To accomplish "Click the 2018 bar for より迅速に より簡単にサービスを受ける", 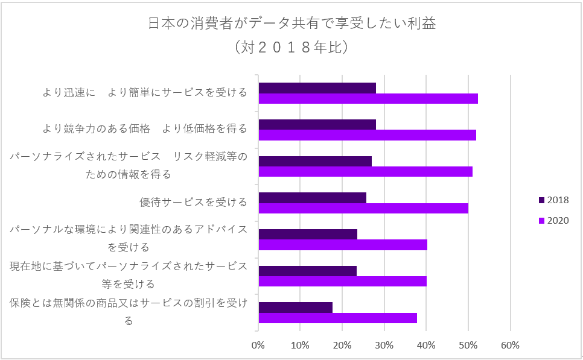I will (317, 88).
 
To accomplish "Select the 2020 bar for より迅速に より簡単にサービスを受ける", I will (368, 99).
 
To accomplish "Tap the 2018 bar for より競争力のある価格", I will (317, 124).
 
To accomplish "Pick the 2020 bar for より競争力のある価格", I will (367, 135).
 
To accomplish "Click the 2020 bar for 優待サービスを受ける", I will (363, 208).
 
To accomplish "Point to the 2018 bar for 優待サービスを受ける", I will (312, 197).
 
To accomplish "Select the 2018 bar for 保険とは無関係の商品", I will (295, 307).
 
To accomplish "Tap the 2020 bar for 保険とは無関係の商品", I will (337, 318).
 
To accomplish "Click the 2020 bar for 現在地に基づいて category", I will (342, 281).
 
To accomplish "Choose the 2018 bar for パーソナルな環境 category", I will (308, 234).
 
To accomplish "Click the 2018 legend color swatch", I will (541, 200).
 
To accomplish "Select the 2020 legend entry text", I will (558, 221).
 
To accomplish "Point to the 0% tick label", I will (258, 346).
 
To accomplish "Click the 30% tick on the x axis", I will (384, 346).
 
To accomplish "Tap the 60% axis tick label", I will (510, 346).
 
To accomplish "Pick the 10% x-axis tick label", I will (300, 346).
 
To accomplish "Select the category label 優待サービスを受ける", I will (193, 202).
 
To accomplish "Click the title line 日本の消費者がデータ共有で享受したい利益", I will (291, 24).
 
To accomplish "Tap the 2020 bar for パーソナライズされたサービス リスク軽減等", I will (365, 172).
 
